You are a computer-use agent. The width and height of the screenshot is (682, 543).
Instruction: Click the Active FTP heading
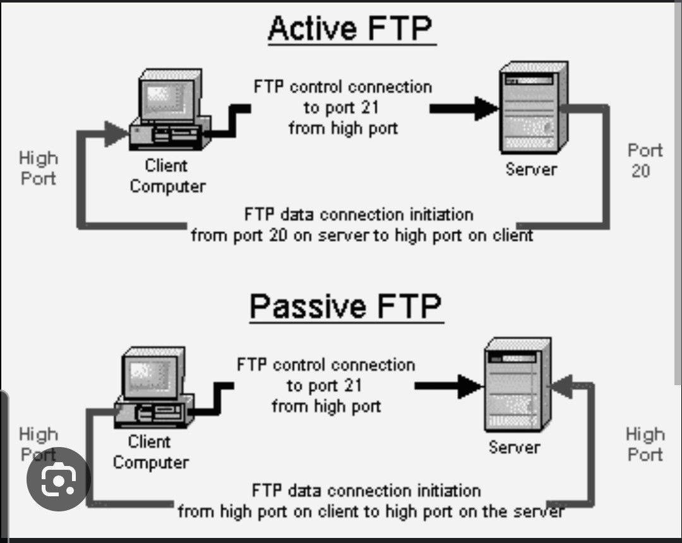click(351, 29)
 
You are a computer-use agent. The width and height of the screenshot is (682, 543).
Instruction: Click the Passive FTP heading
click(345, 306)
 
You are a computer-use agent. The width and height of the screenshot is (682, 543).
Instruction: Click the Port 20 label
click(645, 160)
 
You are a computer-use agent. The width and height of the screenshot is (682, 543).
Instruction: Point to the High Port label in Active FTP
click(38, 168)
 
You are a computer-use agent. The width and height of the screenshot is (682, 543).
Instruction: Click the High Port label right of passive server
click(645, 445)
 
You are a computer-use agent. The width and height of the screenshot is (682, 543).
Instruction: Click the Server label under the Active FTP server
click(531, 169)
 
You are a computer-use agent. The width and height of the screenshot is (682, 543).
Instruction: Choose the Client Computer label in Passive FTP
click(150, 452)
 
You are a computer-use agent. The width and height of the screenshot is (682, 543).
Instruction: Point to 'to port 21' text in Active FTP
click(341, 107)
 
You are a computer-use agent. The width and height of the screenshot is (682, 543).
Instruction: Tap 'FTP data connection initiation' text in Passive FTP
click(366, 491)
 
